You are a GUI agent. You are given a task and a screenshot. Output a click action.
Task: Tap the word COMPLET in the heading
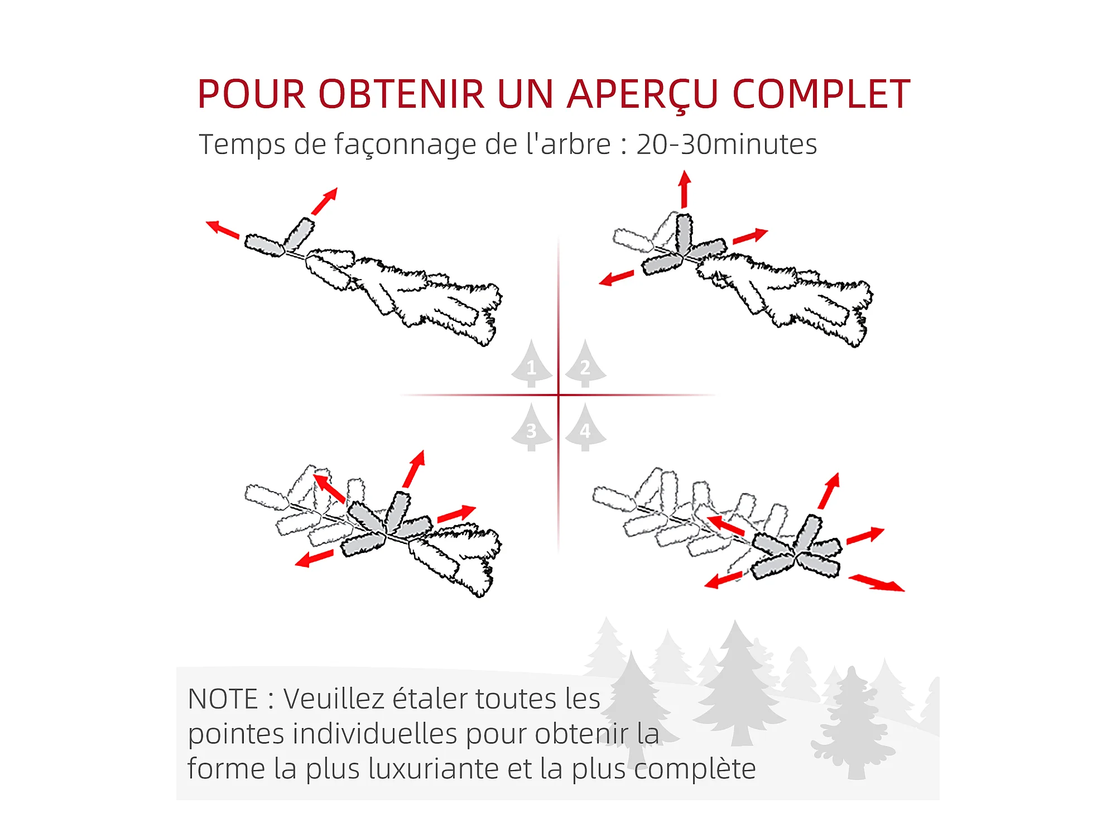pos(821,94)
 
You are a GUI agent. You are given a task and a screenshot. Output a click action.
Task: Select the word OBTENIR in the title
pos(402,94)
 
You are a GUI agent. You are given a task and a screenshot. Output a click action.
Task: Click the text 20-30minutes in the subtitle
pos(727,145)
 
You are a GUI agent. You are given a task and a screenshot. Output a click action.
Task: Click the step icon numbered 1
pos(532,363)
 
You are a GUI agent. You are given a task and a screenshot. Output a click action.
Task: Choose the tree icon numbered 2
pos(585,363)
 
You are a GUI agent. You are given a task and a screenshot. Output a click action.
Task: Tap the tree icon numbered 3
pos(532,427)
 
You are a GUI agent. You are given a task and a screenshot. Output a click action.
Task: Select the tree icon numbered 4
pos(585,427)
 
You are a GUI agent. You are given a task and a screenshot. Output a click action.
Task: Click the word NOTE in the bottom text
pos(223,699)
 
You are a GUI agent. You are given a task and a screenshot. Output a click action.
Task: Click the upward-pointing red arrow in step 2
pos(685,190)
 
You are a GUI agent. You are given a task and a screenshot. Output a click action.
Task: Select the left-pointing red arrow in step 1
pos(223,229)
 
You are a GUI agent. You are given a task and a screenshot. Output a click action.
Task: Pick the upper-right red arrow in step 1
pos(325,201)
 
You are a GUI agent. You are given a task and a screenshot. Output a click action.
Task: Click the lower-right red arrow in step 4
pos(876,583)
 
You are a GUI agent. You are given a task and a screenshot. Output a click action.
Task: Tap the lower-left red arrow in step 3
pos(314,558)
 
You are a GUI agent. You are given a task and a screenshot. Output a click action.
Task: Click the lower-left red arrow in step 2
pos(617,277)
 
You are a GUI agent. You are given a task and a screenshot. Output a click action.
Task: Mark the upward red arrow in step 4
pos(829,491)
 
